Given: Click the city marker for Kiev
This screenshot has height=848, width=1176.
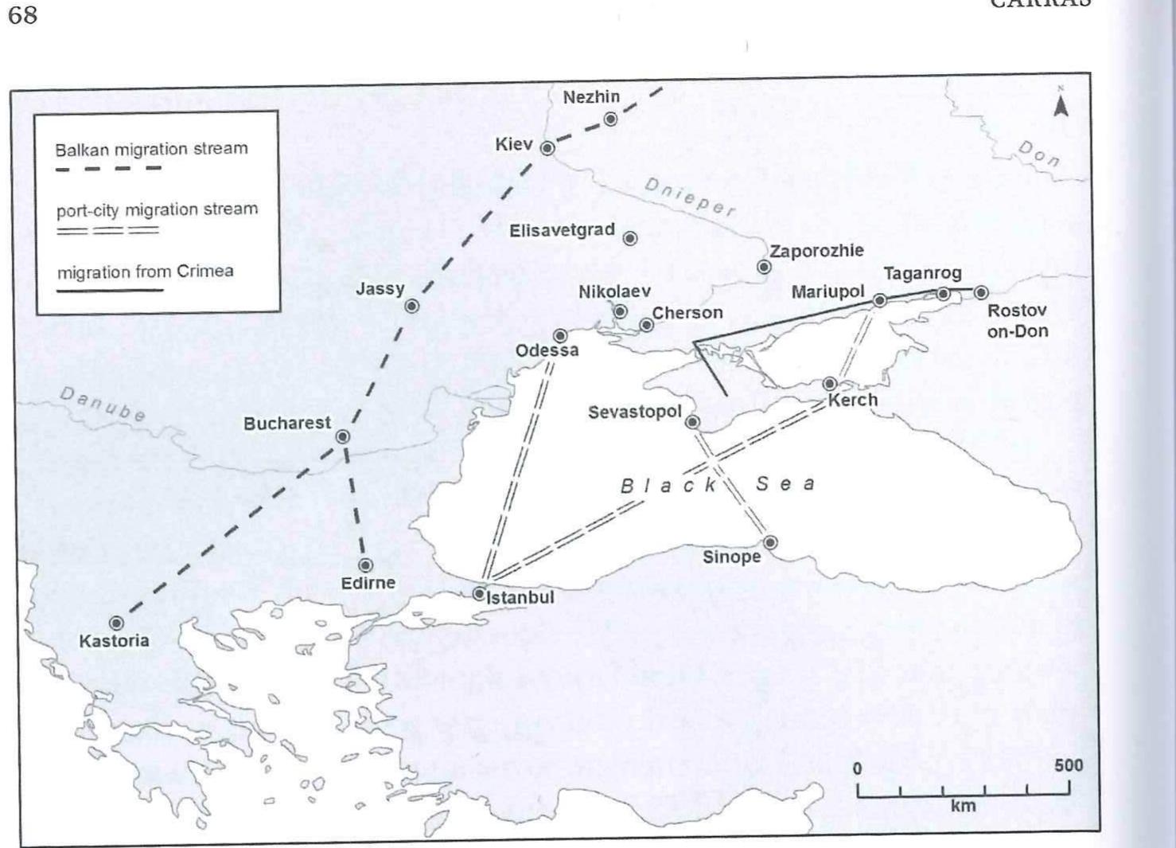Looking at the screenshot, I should pos(547,148).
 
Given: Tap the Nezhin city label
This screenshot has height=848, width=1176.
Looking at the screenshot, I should pos(591,97).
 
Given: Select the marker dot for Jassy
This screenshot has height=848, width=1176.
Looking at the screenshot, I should pos(412,306).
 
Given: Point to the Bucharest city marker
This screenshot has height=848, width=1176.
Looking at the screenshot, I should pos(343,436).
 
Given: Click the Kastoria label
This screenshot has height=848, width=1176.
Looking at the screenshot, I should pos(114,641).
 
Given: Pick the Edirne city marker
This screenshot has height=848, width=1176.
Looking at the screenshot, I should pos(365,565).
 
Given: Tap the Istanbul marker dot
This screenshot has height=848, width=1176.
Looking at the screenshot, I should pos(479,593).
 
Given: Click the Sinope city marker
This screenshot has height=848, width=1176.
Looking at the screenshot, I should pos(770,543).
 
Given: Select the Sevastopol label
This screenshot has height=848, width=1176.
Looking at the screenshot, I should pos(635,412).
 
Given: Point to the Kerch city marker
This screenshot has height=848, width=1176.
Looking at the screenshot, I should pos(830,384).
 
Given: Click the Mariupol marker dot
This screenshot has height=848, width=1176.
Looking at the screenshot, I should pos(880,300).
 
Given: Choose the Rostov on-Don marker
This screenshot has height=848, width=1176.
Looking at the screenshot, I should pos(981,293).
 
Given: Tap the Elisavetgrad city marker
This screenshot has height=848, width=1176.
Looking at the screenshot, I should pos(630,238).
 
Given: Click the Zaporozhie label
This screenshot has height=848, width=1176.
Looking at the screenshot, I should pos(816,251).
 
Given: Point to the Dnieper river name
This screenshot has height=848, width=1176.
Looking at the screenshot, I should pos(689,197).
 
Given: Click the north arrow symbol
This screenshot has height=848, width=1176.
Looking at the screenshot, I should pos(1060,103).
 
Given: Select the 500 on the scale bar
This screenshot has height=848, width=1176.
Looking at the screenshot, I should pos(1069,765).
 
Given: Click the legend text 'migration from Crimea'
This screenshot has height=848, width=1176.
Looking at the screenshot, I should pos(145,272).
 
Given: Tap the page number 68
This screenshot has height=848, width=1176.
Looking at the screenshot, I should pos(23,15).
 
